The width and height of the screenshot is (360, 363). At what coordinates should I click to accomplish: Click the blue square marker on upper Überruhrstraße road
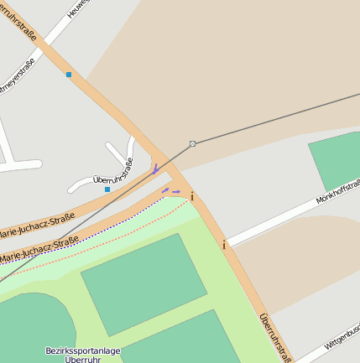(69, 75)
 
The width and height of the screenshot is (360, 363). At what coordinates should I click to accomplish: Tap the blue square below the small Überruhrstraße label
(107, 189)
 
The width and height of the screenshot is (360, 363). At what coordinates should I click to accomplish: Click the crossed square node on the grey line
(192, 143)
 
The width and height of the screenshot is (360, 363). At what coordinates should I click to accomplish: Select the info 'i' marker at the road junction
(192, 196)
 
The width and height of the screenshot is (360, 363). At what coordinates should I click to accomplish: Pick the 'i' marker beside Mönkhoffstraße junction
(224, 245)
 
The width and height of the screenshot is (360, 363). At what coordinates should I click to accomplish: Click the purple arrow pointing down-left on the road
(155, 169)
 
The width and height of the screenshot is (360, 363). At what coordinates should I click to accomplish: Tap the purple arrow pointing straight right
(176, 192)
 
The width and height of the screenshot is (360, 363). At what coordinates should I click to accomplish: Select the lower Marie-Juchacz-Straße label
(39, 252)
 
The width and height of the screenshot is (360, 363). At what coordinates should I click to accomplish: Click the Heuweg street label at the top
(78, 8)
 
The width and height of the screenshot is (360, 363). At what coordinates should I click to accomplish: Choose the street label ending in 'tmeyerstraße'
(19, 74)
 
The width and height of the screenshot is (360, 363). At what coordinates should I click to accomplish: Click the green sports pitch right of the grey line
(337, 159)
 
